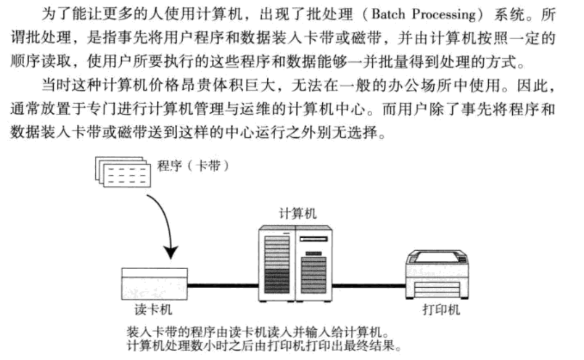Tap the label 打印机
pos(441,310)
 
